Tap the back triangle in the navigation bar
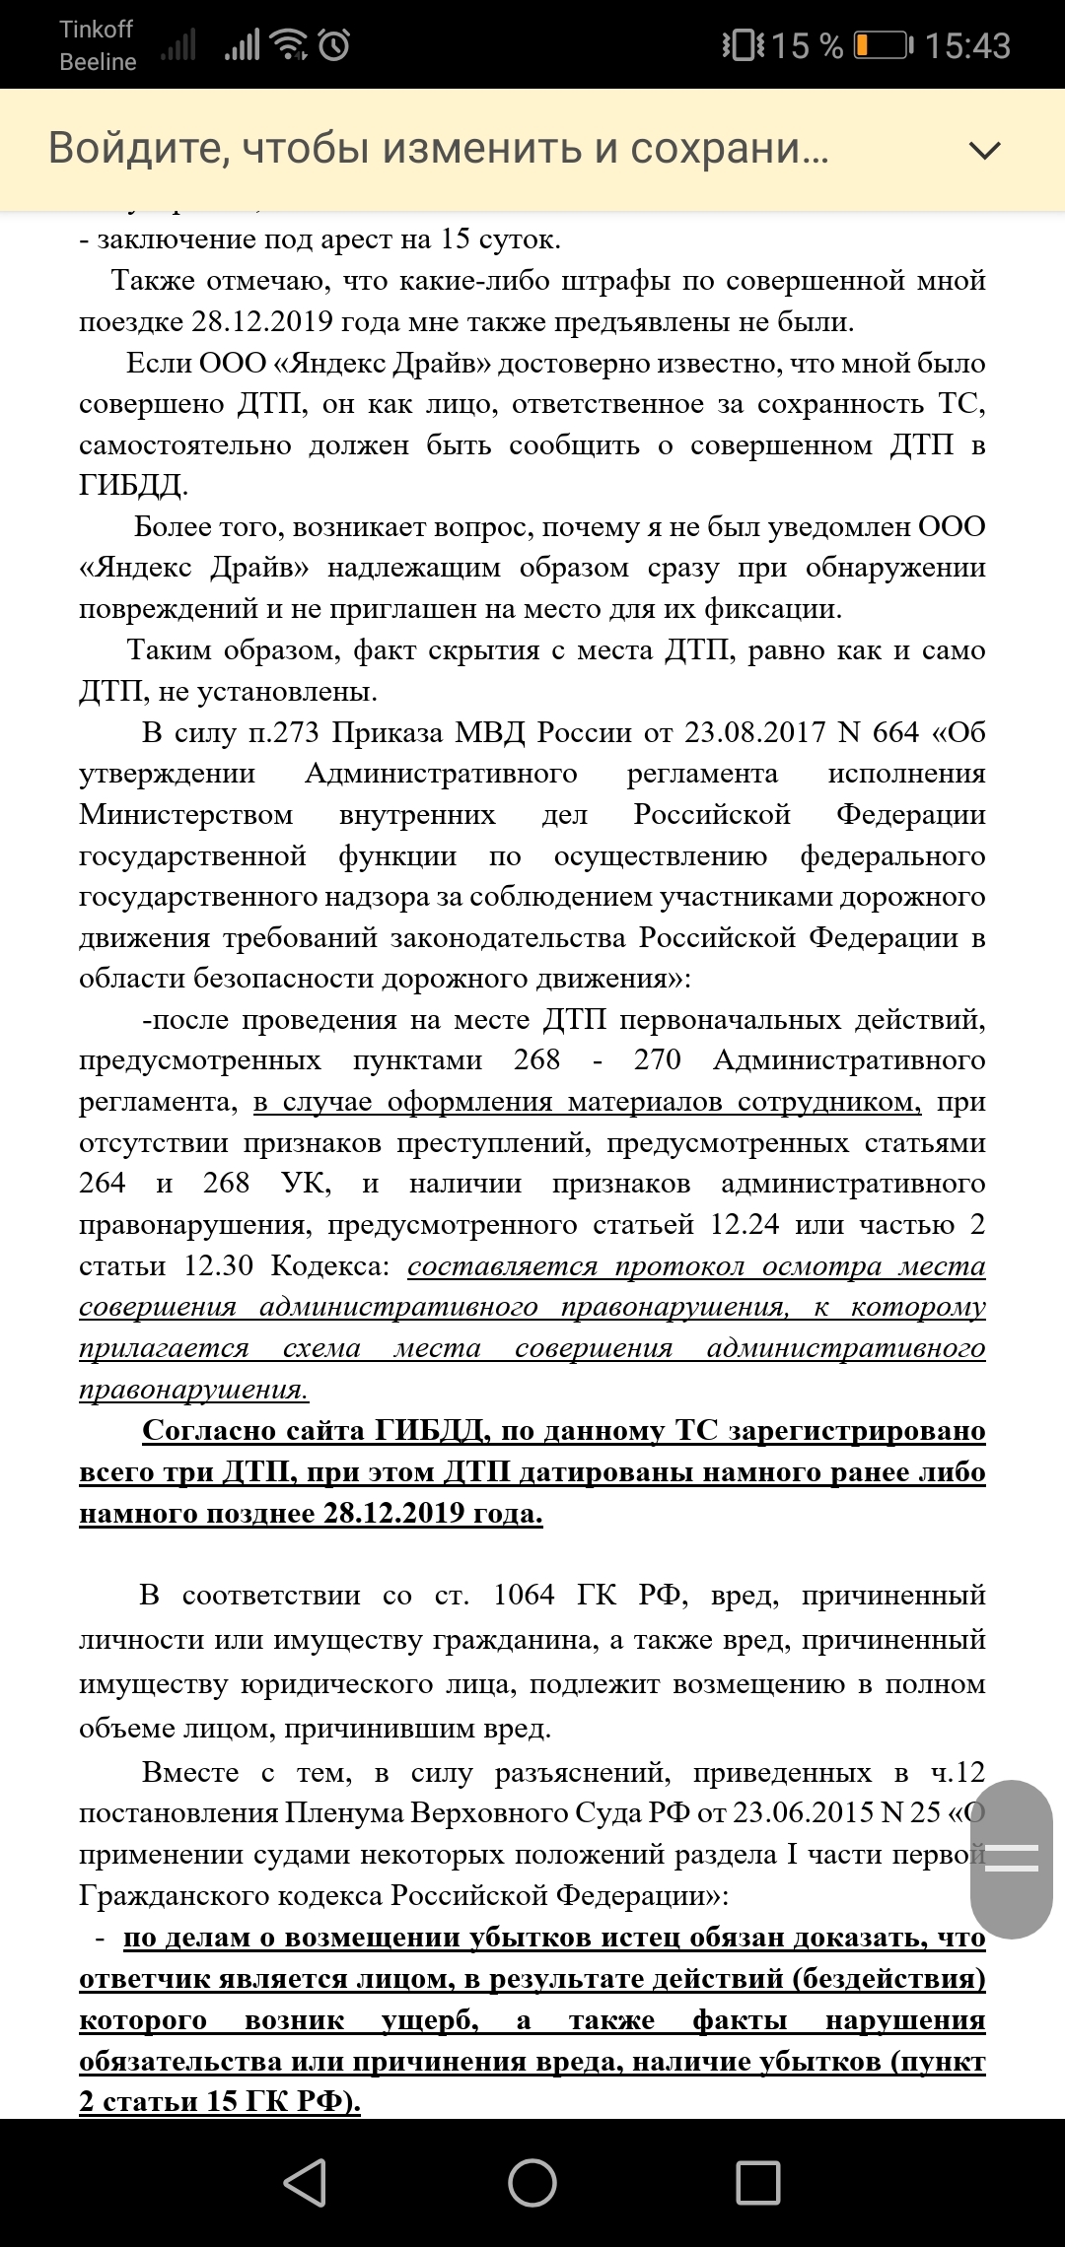point(306,2182)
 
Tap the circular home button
point(532,2182)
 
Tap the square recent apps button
point(758,2182)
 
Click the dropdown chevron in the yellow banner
point(985,150)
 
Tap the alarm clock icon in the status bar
point(334,45)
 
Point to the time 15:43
point(967,46)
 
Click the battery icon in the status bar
point(883,45)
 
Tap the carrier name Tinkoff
point(96,30)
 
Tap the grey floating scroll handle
point(1012,1859)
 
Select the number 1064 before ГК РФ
point(524,1595)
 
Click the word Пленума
point(344,1812)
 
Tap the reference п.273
point(284,732)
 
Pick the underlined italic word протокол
point(679,1265)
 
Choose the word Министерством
point(185,814)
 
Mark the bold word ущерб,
point(430,2019)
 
